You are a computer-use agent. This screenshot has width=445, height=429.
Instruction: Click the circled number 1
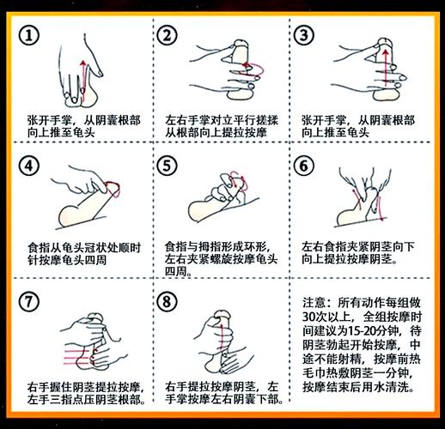(x=31, y=35)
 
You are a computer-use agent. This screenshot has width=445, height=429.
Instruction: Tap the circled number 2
(x=168, y=35)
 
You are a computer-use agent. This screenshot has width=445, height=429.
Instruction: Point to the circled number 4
(x=31, y=165)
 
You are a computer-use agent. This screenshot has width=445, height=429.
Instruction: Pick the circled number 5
(x=168, y=165)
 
